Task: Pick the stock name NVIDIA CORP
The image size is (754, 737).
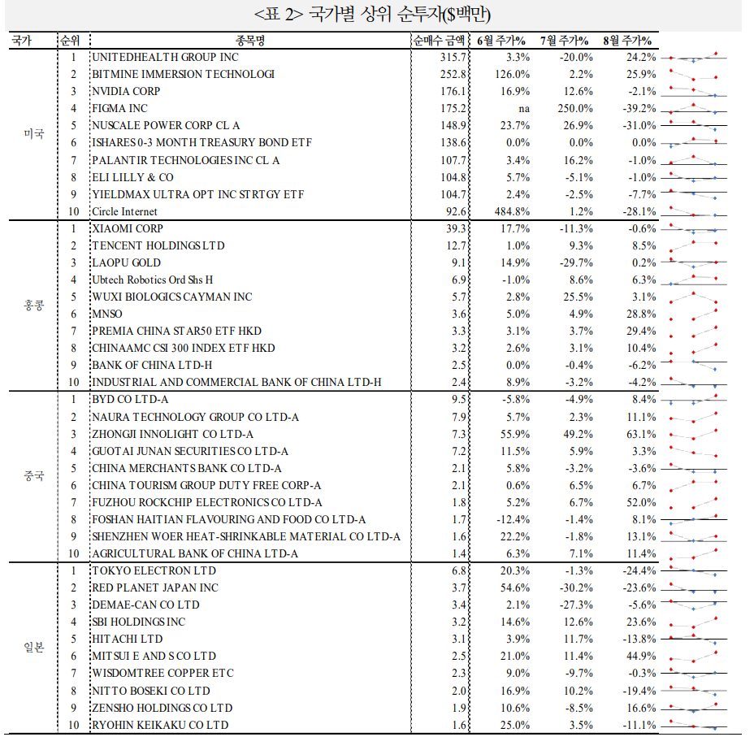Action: (x=126, y=91)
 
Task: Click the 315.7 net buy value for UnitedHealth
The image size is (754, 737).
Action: (x=453, y=58)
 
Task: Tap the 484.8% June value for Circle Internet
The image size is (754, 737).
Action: (x=511, y=212)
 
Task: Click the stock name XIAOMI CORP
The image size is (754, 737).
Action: (x=128, y=229)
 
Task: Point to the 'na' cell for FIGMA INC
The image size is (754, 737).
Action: (x=523, y=109)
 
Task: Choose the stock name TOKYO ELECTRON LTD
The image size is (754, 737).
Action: (x=154, y=571)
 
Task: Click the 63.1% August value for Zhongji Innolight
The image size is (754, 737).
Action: (x=638, y=435)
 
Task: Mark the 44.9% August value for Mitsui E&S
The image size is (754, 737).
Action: (x=638, y=657)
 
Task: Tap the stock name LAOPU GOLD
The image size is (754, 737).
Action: (x=126, y=263)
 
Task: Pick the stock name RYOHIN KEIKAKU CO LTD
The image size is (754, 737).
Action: (x=160, y=725)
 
